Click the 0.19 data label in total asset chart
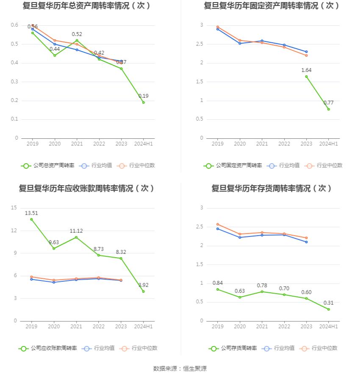click(144, 96)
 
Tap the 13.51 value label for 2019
click(32, 213)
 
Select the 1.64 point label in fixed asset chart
click(306, 70)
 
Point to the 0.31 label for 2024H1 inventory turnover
click(329, 303)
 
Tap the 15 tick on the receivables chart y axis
click(14, 208)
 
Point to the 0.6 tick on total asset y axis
click(14, 25)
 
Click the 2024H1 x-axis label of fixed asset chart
click(328, 144)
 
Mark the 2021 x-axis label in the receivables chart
click(76, 327)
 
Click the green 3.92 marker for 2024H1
click(143, 292)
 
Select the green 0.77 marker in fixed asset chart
click(329, 109)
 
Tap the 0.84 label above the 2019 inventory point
click(218, 283)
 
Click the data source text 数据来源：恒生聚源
click(180, 369)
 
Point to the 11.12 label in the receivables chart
click(76, 231)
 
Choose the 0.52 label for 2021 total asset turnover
click(77, 34)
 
